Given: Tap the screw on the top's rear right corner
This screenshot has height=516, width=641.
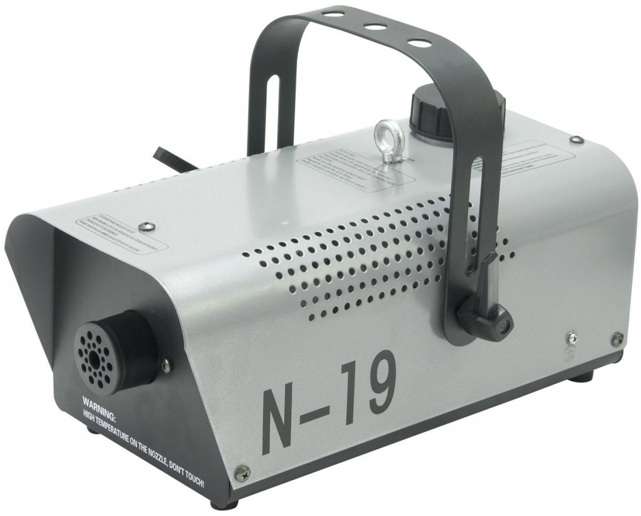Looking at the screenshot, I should pyautogui.click(x=575, y=139).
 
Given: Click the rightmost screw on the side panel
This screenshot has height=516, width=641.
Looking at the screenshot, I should pyautogui.click(x=617, y=337).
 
